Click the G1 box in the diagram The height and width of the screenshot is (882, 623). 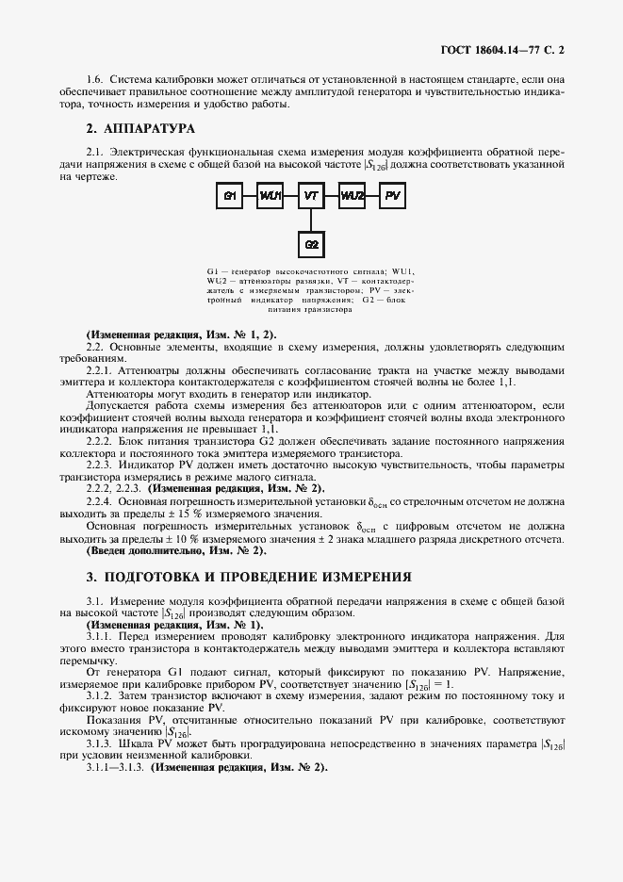point(228,196)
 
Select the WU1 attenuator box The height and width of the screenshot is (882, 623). point(271,196)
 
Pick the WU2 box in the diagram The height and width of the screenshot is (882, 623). point(353,196)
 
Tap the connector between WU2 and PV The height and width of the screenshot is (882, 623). point(374,196)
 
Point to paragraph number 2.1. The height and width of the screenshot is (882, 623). point(93,151)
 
